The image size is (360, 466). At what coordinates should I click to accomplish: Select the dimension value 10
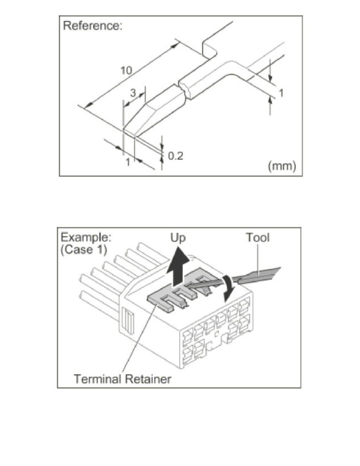point(126,71)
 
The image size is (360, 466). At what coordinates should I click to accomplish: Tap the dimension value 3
point(133,93)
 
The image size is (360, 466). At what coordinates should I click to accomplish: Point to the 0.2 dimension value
point(175,156)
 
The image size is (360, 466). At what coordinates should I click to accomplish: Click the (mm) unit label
point(281,166)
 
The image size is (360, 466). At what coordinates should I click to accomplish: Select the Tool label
point(258,238)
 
